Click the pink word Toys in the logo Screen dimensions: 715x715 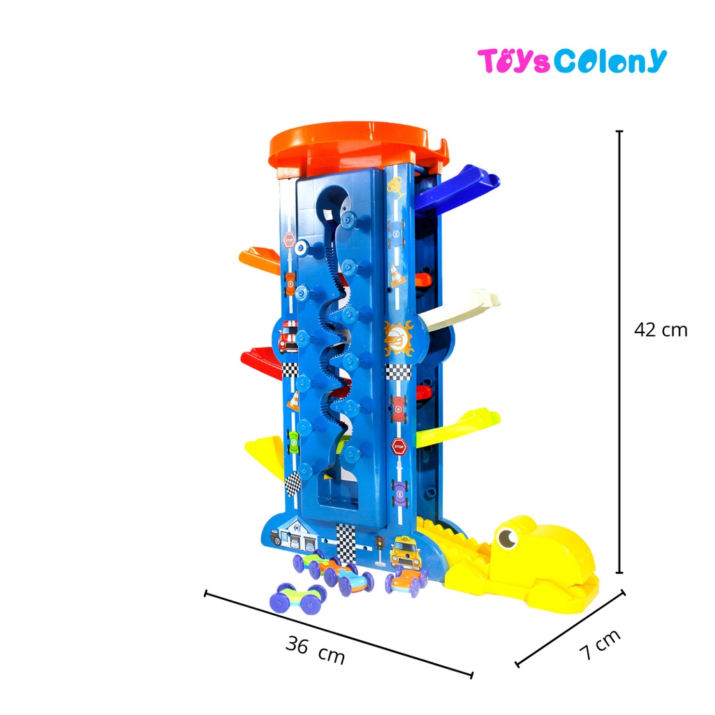click(514, 61)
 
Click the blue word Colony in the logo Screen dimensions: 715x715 click(610, 61)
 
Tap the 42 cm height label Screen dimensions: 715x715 click(661, 330)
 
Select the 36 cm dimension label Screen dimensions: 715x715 click(315, 650)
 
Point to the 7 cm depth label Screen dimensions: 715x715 click(600, 644)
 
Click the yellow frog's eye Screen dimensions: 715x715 click(507, 538)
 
